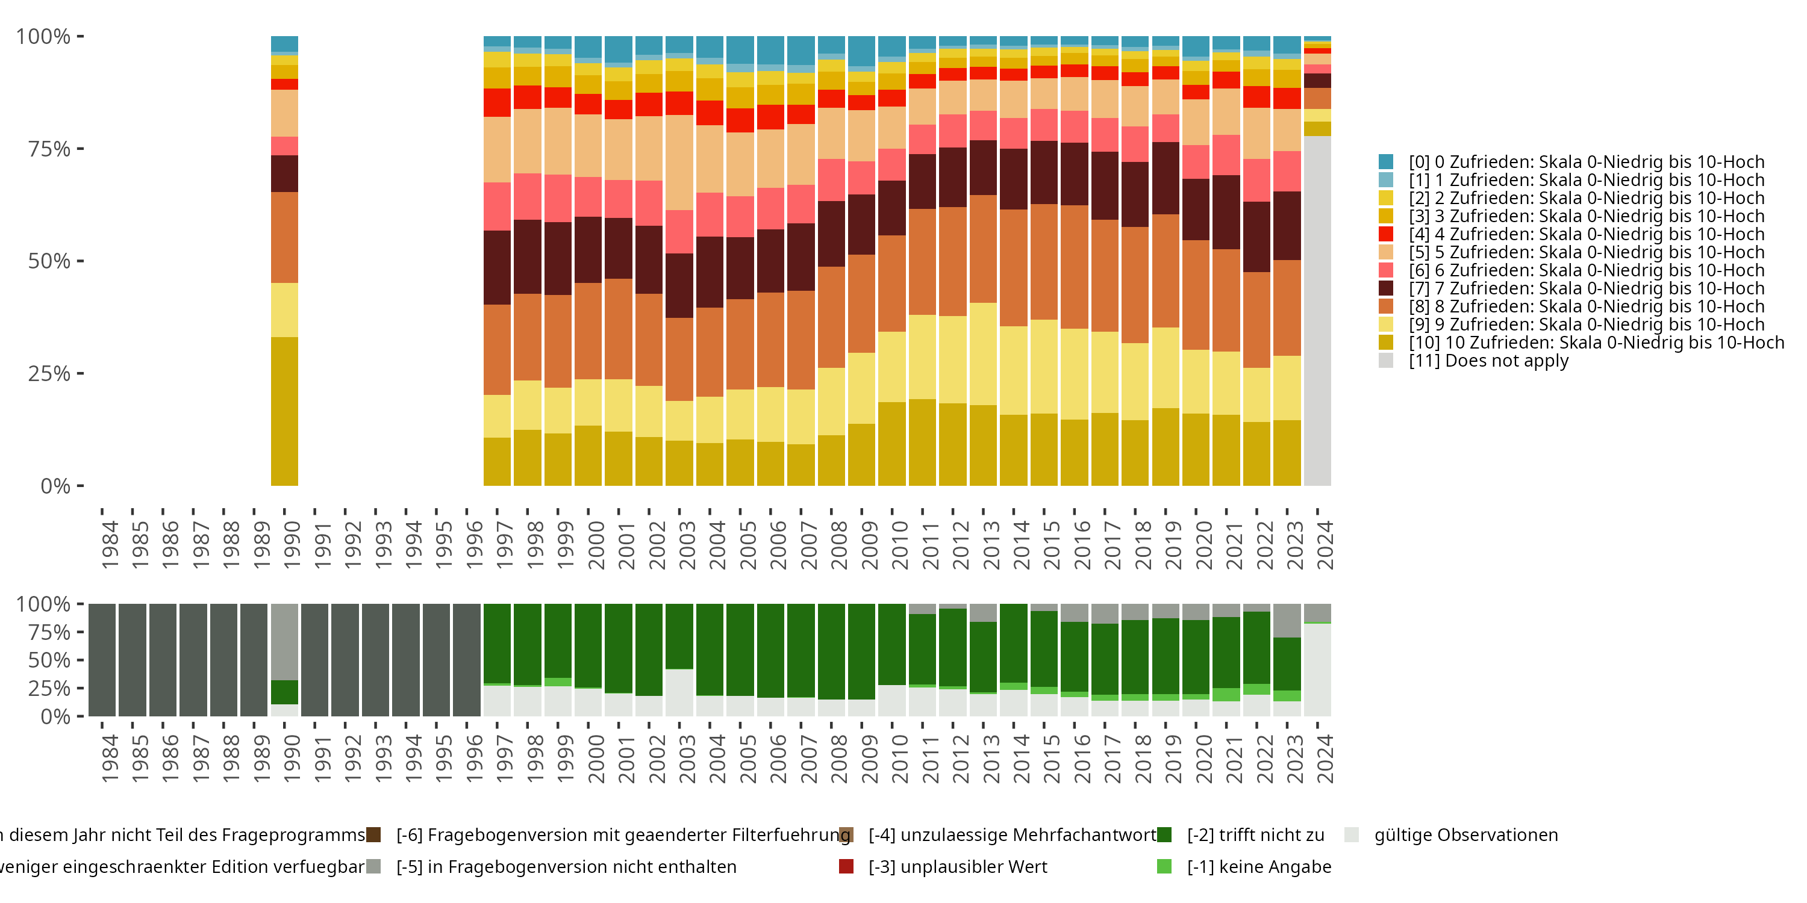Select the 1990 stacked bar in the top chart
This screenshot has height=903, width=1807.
284,261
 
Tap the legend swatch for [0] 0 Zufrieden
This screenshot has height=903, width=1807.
1385,162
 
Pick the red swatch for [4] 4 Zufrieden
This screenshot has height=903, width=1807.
1385,234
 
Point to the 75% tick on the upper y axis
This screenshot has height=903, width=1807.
49,149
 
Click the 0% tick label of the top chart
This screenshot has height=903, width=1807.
55,486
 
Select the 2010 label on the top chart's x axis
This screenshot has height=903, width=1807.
899,545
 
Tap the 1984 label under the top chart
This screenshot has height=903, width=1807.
110,545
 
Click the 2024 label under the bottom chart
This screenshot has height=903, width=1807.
1325,759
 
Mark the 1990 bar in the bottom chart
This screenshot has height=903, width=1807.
284,660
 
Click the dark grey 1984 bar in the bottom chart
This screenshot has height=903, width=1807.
102,660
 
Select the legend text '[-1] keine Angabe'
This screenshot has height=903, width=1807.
1259,866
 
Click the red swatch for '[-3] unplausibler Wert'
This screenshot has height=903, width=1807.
846,866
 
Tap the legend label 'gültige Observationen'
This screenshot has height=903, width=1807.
1465,835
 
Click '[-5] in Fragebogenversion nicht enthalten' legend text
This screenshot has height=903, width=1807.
566,866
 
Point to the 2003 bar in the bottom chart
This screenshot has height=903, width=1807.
679,660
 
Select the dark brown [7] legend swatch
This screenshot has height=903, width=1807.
1385,288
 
